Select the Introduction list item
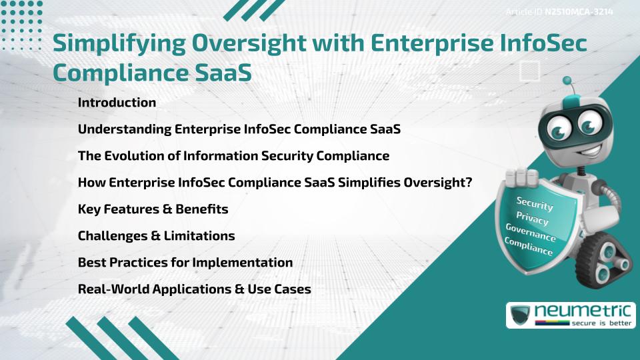click(117, 103)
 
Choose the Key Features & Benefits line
click(153, 209)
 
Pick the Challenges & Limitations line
click(156, 236)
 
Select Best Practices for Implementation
click(185, 263)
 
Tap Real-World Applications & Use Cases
click(194, 289)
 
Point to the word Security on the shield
click(535, 203)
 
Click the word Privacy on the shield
click(532, 218)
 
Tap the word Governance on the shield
click(530, 233)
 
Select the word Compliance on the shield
click(528, 247)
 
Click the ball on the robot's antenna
click(568, 81)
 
